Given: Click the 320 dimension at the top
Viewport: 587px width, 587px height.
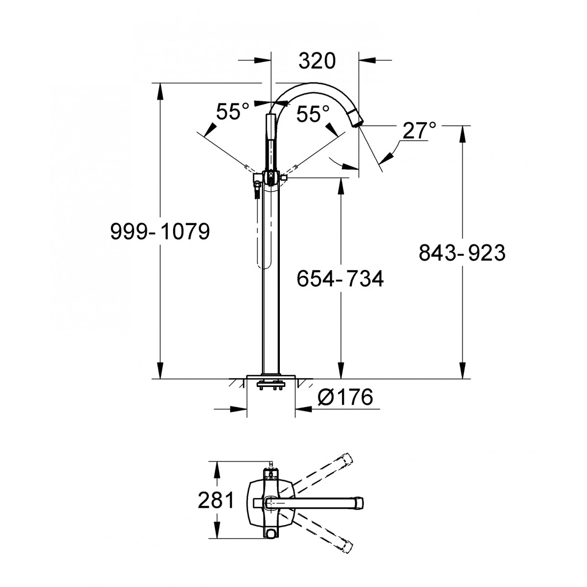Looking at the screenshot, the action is [x=317, y=61].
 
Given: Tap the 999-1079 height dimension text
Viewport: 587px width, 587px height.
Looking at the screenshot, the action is [x=160, y=231].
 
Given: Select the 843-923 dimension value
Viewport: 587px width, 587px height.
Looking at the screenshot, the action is [x=462, y=252].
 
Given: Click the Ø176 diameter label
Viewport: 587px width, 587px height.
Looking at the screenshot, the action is [x=345, y=397].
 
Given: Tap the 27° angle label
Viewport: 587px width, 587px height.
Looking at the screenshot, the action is [x=419, y=131].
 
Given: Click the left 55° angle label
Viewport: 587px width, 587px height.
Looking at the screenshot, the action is [x=232, y=111].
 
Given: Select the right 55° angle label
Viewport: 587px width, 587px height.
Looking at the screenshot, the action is [x=313, y=114].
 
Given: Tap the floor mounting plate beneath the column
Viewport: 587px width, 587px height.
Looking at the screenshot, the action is [x=271, y=377].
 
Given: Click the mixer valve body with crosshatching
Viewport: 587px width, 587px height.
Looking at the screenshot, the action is [x=271, y=178].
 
